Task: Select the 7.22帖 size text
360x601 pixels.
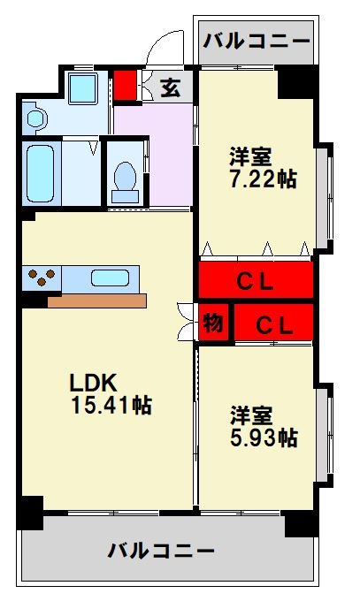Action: (x=262, y=179)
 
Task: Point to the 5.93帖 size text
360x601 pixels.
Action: (x=264, y=437)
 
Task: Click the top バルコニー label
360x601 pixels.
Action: (x=257, y=41)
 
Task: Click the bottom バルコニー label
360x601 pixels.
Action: (x=162, y=552)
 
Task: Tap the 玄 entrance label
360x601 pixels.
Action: (x=171, y=87)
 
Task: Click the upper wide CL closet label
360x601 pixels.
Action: (x=256, y=282)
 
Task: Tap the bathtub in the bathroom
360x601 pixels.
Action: (x=42, y=173)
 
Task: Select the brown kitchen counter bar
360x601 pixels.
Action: (x=96, y=301)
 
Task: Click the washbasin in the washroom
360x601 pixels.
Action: (x=35, y=117)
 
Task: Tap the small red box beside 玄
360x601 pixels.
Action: (x=125, y=87)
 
